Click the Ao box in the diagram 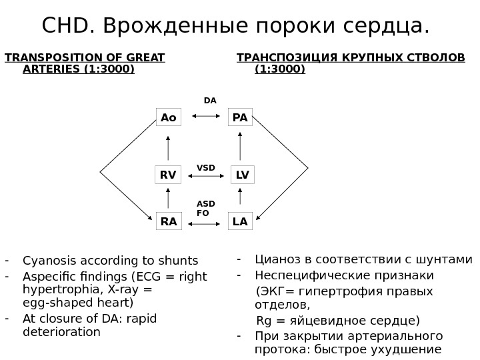click(x=169, y=118)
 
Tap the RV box click(x=168, y=175)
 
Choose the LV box click(x=243, y=175)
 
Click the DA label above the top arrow click(x=210, y=101)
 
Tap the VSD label click(x=206, y=167)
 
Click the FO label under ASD click(x=203, y=213)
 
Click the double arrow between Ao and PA click(x=206, y=117)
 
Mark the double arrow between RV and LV click(x=209, y=177)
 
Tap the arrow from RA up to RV click(x=168, y=198)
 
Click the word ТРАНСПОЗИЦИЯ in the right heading click(x=287, y=57)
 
